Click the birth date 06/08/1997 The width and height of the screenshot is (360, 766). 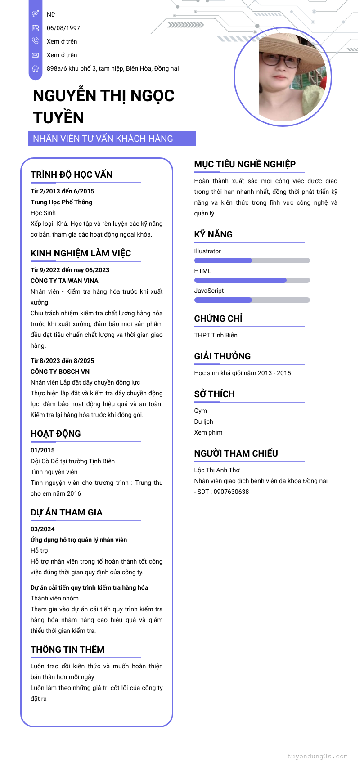[x=63, y=28]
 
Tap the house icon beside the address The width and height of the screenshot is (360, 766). [x=36, y=68]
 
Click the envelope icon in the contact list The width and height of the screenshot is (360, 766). [x=36, y=55]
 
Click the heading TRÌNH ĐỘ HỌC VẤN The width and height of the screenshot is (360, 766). [x=72, y=175]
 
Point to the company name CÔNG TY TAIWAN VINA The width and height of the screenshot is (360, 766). [x=64, y=281]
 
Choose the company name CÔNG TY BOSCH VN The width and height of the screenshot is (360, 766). [x=60, y=372]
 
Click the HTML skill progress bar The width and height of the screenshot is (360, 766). [x=252, y=280]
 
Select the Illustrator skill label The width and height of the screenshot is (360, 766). [x=207, y=251]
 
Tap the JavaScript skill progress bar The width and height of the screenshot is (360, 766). [x=252, y=300]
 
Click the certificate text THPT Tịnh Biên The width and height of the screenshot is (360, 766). [x=216, y=335]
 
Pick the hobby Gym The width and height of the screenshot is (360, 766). [x=201, y=411]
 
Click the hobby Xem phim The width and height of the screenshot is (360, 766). [x=208, y=432]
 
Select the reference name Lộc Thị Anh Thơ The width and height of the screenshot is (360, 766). [x=217, y=470]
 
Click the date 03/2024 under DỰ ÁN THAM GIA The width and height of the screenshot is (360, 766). [x=43, y=529]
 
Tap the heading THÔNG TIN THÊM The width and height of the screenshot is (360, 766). [x=67, y=650]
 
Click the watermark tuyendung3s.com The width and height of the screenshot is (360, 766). [x=317, y=756]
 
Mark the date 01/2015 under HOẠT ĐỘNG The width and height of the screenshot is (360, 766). [x=43, y=450]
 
